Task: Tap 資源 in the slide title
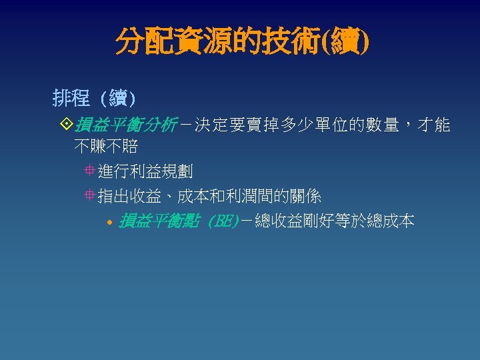tap(189, 42)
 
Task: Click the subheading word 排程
tap(71, 99)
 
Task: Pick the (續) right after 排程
tap(118, 99)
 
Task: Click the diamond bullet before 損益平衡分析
tap(66, 125)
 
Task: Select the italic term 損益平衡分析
tap(125, 125)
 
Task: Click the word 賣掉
tap(265, 125)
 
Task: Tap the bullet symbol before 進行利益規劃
tap(89, 171)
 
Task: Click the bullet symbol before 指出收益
tap(89, 196)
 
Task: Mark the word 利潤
tap(250, 196)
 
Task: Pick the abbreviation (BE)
tap(223, 221)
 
